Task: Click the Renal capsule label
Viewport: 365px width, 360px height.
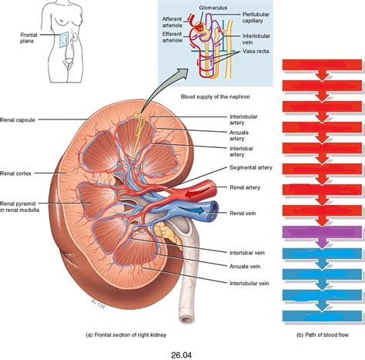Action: pos(19,119)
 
